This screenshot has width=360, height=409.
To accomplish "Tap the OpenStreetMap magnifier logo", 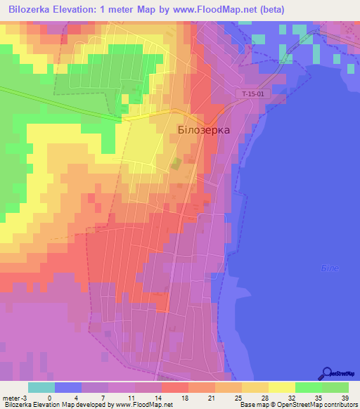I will tap(326, 374).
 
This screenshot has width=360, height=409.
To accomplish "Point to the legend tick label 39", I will tap(344, 398).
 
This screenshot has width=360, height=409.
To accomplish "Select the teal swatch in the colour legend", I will tap(41, 387).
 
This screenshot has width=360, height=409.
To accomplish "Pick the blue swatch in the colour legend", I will tap(68, 387).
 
